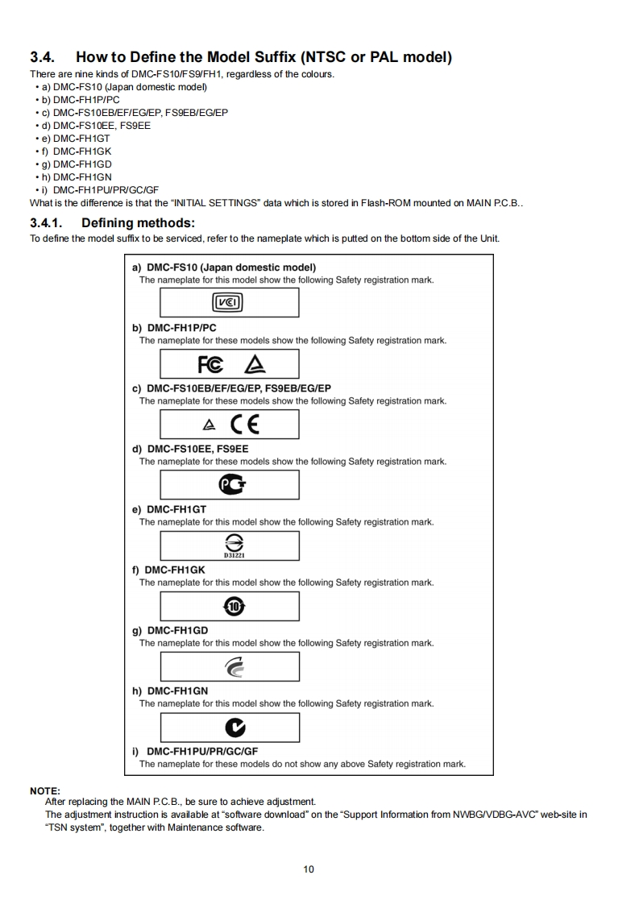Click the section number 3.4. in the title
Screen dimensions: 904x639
[x=46, y=57]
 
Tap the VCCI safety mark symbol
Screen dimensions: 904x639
[x=228, y=303]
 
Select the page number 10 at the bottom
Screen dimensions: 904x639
[x=309, y=869]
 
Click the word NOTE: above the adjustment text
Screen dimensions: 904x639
[x=45, y=790]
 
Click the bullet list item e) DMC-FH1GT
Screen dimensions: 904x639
[x=81, y=138]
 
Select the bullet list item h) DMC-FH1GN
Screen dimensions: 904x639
[x=81, y=176]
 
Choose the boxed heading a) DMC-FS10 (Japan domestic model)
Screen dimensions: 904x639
[x=223, y=267]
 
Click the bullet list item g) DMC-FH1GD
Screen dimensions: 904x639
[x=81, y=164]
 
